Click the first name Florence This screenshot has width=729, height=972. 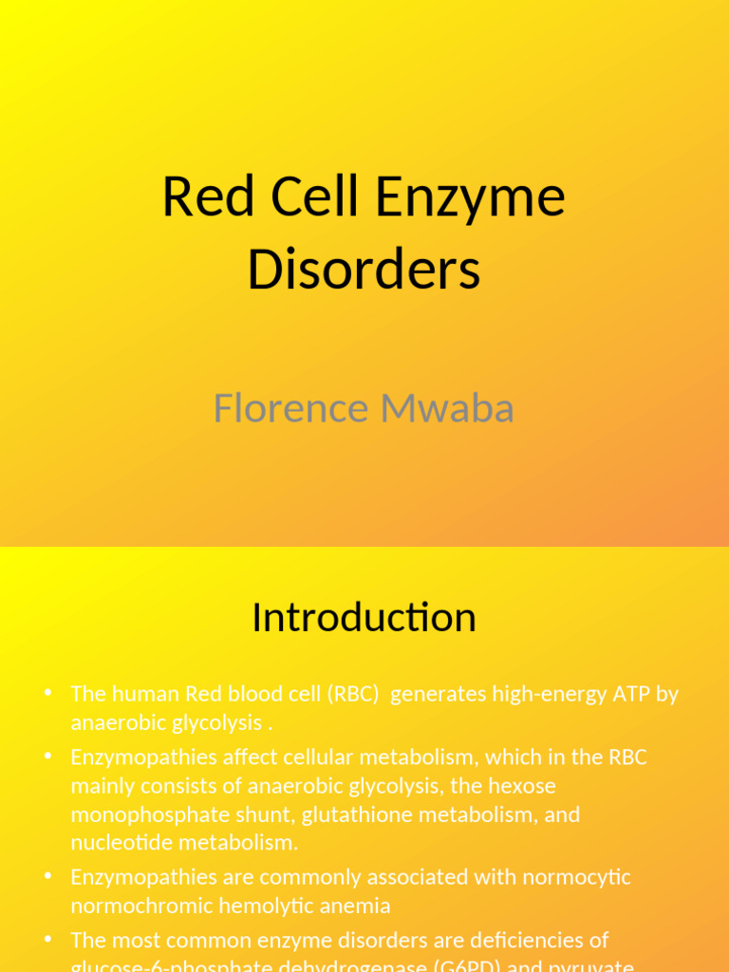click(290, 408)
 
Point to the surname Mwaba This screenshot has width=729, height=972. click(447, 408)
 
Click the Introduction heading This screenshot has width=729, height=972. click(364, 618)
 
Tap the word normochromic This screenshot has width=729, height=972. click(141, 906)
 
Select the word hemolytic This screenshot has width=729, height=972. click(264, 906)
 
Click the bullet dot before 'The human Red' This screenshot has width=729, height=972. click(47, 693)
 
